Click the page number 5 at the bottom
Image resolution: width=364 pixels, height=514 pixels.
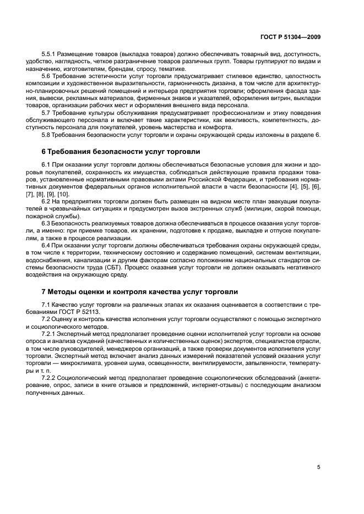pos(319,467)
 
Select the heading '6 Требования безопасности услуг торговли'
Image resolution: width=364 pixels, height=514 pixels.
pos(121,151)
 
